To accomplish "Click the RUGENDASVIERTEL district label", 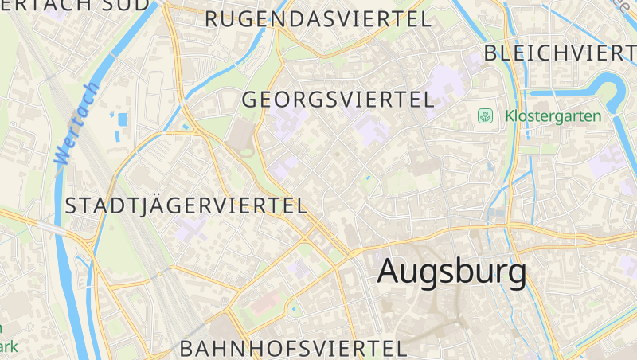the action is pyautogui.click(x=318, y=19).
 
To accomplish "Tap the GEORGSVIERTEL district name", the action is pyautogui.click(x=338, y=100).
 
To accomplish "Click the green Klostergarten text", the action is pyautogui.click(x=553, y=116).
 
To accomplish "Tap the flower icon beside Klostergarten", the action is pyautogui.click(x=484, y=116).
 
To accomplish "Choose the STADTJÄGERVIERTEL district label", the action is pyautogui.click(x=186, y=205).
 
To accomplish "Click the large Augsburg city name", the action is pyautogui.click(x=451, y=272).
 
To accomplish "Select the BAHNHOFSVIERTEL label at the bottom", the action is pyautogui.click(x=293, y=348).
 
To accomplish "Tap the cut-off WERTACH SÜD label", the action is pyautogui.click(x=76, y=4).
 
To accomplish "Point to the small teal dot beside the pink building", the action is pyautogui.click(x=293, y=309).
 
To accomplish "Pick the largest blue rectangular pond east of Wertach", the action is pyautogui.click(x=122, y=119).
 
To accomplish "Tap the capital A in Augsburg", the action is pyautogui.click(x=389, y=272).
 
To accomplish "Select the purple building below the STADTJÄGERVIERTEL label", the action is pyautogui.click(x=191, y=231).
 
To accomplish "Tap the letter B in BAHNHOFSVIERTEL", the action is pyautogui.click(x=186, y=348).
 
